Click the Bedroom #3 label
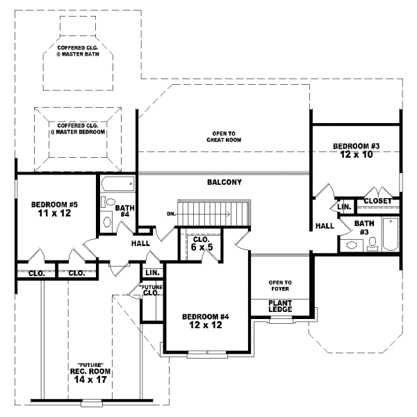[355, 146]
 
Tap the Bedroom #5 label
[54, 205]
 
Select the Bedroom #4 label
[206, 317]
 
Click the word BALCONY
[224, 183]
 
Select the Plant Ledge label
[280, 305]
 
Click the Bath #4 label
[125, 211]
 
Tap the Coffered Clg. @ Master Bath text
[79, 52]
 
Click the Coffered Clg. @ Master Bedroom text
[77, 129]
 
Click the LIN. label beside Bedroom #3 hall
[343, 207]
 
